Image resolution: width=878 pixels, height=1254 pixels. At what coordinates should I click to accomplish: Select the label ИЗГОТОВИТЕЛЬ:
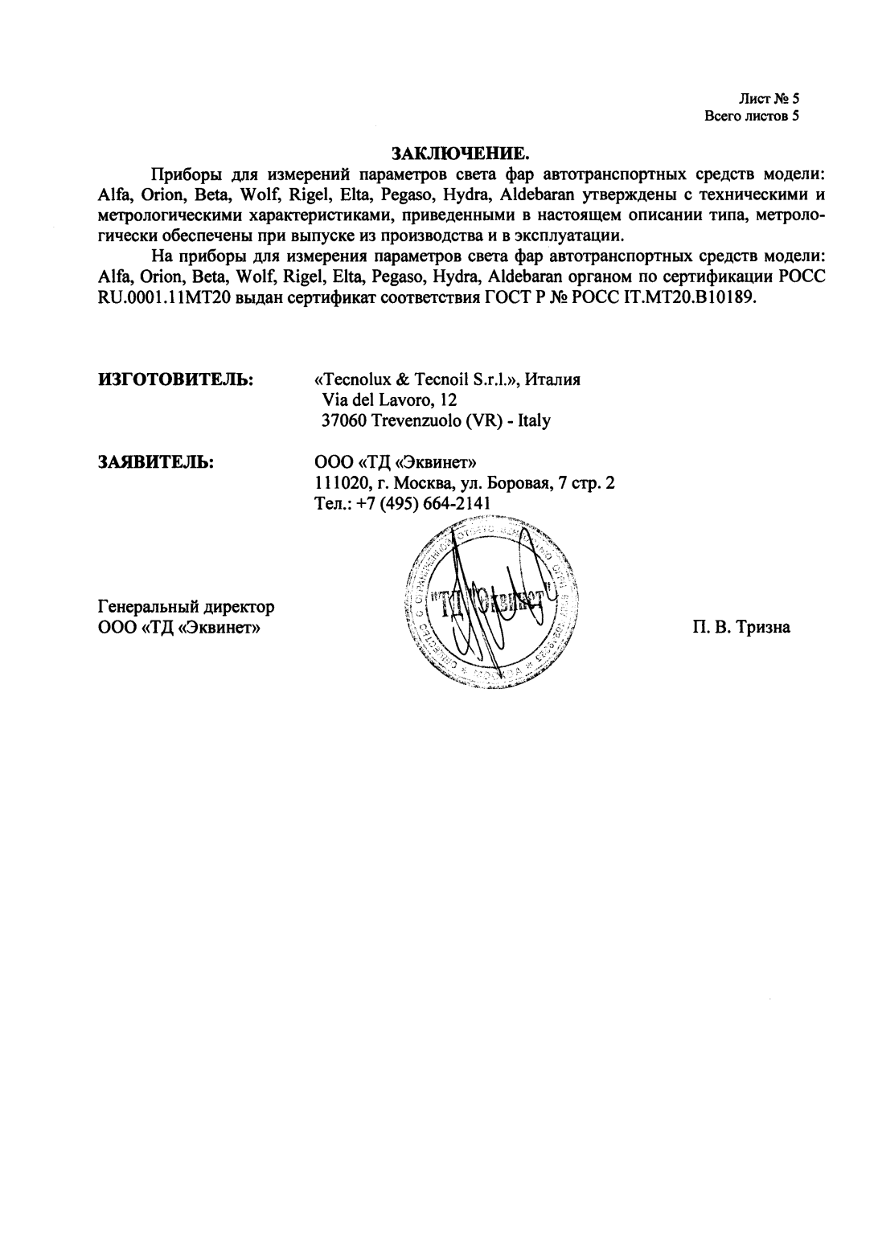point(176,379)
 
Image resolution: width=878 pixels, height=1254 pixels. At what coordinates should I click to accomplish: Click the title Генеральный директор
point(186,606)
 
